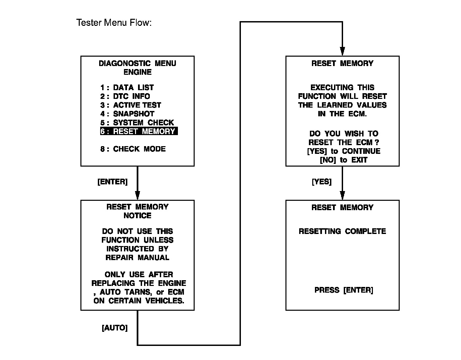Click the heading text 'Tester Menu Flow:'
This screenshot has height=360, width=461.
pyautogui.click(x=114, y=23)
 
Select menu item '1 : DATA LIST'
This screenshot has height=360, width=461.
pyautogui.click(x=127, y=88)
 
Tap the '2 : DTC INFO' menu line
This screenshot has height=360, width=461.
pyautogui.click(x=125, y=97)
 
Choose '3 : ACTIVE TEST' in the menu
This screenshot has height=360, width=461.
pyautogui.click(x=131, y=105)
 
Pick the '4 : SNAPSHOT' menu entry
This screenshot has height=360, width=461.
pyautogui.click(x=127, y=114)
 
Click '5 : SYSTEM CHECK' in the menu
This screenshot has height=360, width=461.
pyautogui.click(x=137, y=123)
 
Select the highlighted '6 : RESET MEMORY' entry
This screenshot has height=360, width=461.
pyautogui.click(x=139, y=131)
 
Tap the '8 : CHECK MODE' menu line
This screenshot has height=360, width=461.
pyautogui.click(x=133, y=149)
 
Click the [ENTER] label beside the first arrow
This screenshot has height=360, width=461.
pyautogui.click(x=113, y=182)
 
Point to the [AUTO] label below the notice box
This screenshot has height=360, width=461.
pyautogui.click(x=115, y=328)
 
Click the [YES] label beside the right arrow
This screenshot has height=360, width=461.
pyautogui.click(x=322, y=182)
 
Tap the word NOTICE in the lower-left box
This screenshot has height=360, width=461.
pyautogui.click(x=137, y=216)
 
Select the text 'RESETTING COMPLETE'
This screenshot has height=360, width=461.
pyautogui.click(x=342, y=231)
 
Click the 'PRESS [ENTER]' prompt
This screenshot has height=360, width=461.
pyautogui.click(x=344, y=290)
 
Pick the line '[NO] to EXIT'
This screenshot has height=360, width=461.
pyautogui.click(x=344, y=160)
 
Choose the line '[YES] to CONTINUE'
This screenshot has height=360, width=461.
pyautogui.click(x=344, y=152)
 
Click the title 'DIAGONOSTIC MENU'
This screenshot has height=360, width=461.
pyautogui.click(x=137, y=64)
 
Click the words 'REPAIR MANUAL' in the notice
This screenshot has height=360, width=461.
pyautogui.click(x=137, y=258)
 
